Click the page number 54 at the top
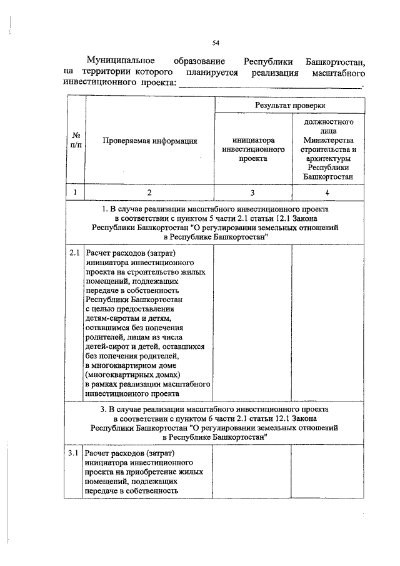(216, 43)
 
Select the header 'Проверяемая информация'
(149, 141)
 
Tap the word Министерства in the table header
(328, 141)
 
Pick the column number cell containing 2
(149, 193)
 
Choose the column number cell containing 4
(328, 193)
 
